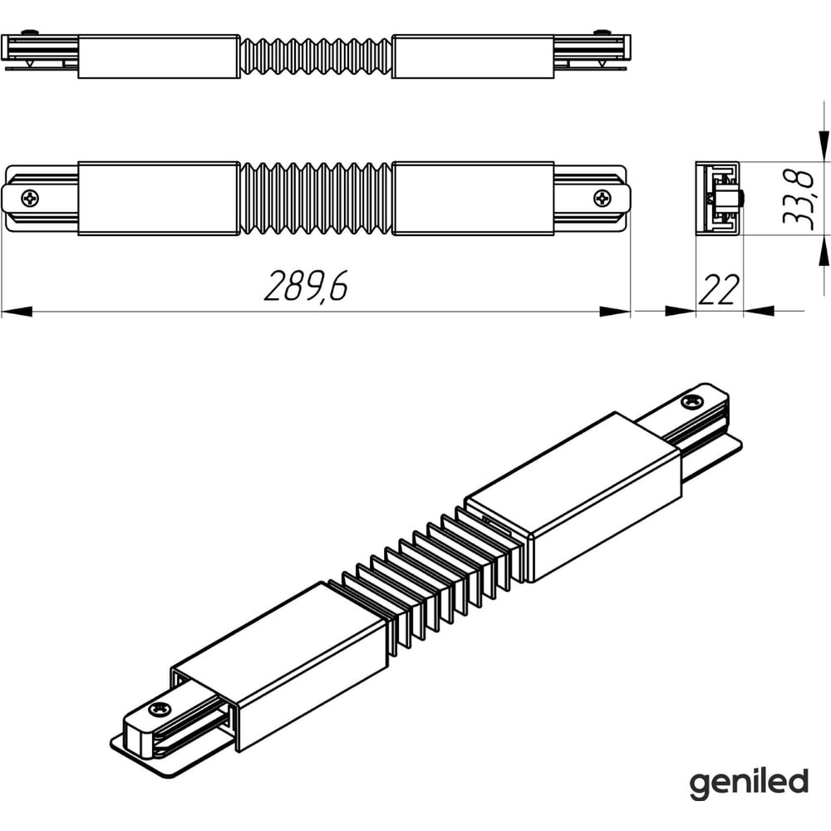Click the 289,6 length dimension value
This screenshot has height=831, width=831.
(307, 286)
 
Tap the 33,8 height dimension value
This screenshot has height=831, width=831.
(798, 199)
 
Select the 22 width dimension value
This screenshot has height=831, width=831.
(719, 289)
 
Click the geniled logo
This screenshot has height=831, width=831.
(749, 784)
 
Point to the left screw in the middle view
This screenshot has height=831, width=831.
(30, 199)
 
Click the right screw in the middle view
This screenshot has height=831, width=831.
(602, 199)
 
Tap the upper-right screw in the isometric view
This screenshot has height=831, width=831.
(692, 401)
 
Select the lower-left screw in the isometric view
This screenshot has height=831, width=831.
(159, 709)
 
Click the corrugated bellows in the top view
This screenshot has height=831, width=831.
(316, 57)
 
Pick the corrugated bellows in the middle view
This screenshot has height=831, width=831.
(316, 199)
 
